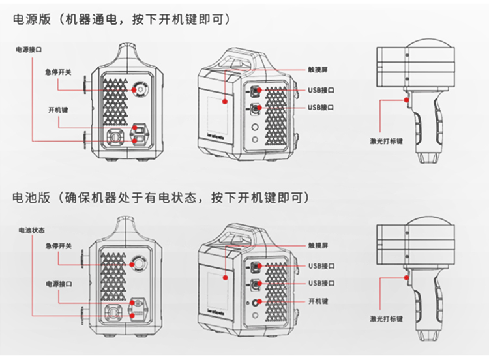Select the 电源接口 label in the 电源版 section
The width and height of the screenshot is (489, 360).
click(x=31, y=50)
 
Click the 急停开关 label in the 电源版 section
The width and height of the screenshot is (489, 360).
click(x=59, y=72)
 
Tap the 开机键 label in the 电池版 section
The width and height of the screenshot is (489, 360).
click(x=318, y=301)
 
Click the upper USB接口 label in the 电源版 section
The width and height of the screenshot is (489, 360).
click(x=321, y=89)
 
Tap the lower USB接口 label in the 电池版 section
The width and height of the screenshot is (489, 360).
click(x=321, y=283)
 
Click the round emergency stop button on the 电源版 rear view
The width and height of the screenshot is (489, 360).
click(x=140, y=90)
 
